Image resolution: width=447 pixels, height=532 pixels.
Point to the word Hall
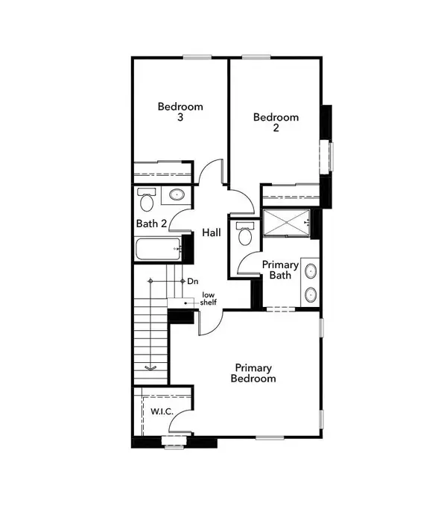212,233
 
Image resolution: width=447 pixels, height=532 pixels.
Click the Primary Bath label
280,270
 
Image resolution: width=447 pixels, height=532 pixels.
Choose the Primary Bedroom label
255,373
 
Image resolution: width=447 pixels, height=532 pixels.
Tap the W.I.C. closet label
162,412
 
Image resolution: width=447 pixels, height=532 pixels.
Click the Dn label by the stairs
192,281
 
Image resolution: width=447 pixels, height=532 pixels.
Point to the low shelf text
210,300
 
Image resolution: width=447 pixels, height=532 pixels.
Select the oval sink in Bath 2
177,195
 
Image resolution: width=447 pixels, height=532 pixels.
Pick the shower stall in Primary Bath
287,222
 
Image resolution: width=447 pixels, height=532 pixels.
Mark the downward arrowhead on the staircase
150,367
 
